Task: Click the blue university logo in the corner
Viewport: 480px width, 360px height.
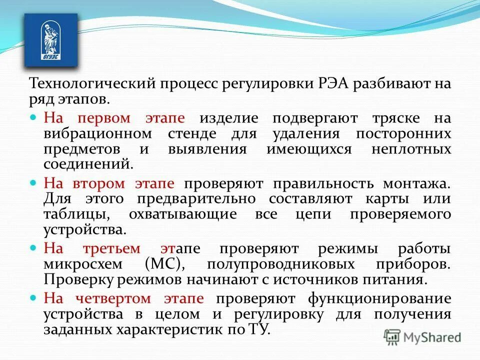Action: [x=51, y=40]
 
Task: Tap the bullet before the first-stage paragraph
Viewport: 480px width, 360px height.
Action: [x=34, y=117]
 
